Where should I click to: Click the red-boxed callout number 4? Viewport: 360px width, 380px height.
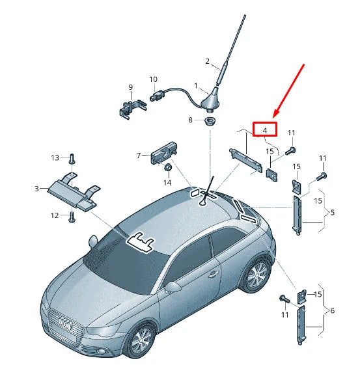265,130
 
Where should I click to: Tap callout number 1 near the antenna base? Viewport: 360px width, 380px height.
195,86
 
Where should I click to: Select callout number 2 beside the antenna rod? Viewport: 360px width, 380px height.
208,62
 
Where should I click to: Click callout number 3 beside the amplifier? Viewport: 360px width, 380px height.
36,189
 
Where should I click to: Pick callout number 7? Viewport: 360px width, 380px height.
139,155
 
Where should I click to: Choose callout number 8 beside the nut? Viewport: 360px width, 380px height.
191,120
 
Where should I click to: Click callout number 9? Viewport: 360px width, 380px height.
130,87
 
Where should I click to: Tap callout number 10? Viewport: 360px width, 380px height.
154,80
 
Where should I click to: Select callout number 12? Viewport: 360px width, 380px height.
55,215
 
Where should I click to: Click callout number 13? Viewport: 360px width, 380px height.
55,157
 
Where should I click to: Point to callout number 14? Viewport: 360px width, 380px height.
167,183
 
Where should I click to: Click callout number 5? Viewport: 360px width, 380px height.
332,212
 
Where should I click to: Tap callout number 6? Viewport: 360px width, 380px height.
332,311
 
